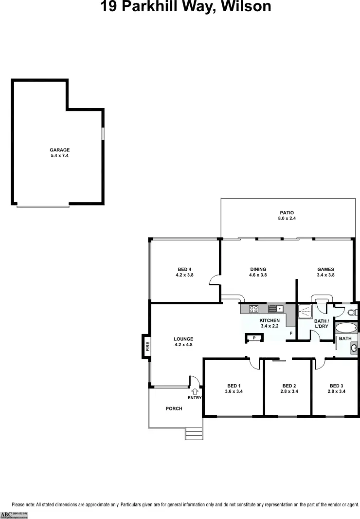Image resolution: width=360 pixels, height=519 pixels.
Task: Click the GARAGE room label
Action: click(60, 150)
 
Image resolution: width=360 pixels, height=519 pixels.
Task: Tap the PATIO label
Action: click(287, 213)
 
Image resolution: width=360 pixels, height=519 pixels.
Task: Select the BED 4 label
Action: click(184, 269)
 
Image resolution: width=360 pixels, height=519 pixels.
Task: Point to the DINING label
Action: click(258, 269)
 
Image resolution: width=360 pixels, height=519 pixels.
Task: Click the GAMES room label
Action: click(325, 269)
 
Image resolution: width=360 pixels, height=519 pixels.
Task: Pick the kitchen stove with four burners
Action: click(254, 308)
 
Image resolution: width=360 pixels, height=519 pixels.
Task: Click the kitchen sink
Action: click(276, 308)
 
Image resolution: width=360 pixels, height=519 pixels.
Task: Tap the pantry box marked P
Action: click(254, 337)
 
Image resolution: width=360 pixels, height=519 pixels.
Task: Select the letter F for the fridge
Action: click(290, 334)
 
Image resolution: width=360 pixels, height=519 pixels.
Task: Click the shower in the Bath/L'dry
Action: click(306, 311)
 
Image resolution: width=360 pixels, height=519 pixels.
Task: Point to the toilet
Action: click(352, 312)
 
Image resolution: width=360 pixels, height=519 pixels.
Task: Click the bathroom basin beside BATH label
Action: click(354, 348)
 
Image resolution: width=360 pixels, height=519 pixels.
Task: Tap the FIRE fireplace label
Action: click(147, 346)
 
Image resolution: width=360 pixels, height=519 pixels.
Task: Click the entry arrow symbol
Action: click(195, 390)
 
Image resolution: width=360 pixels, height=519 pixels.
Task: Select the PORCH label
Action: click(174, 408)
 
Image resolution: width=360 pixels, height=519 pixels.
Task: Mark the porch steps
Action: click(194, 433)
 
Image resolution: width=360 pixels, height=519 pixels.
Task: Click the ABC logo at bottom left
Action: click(6, 514)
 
